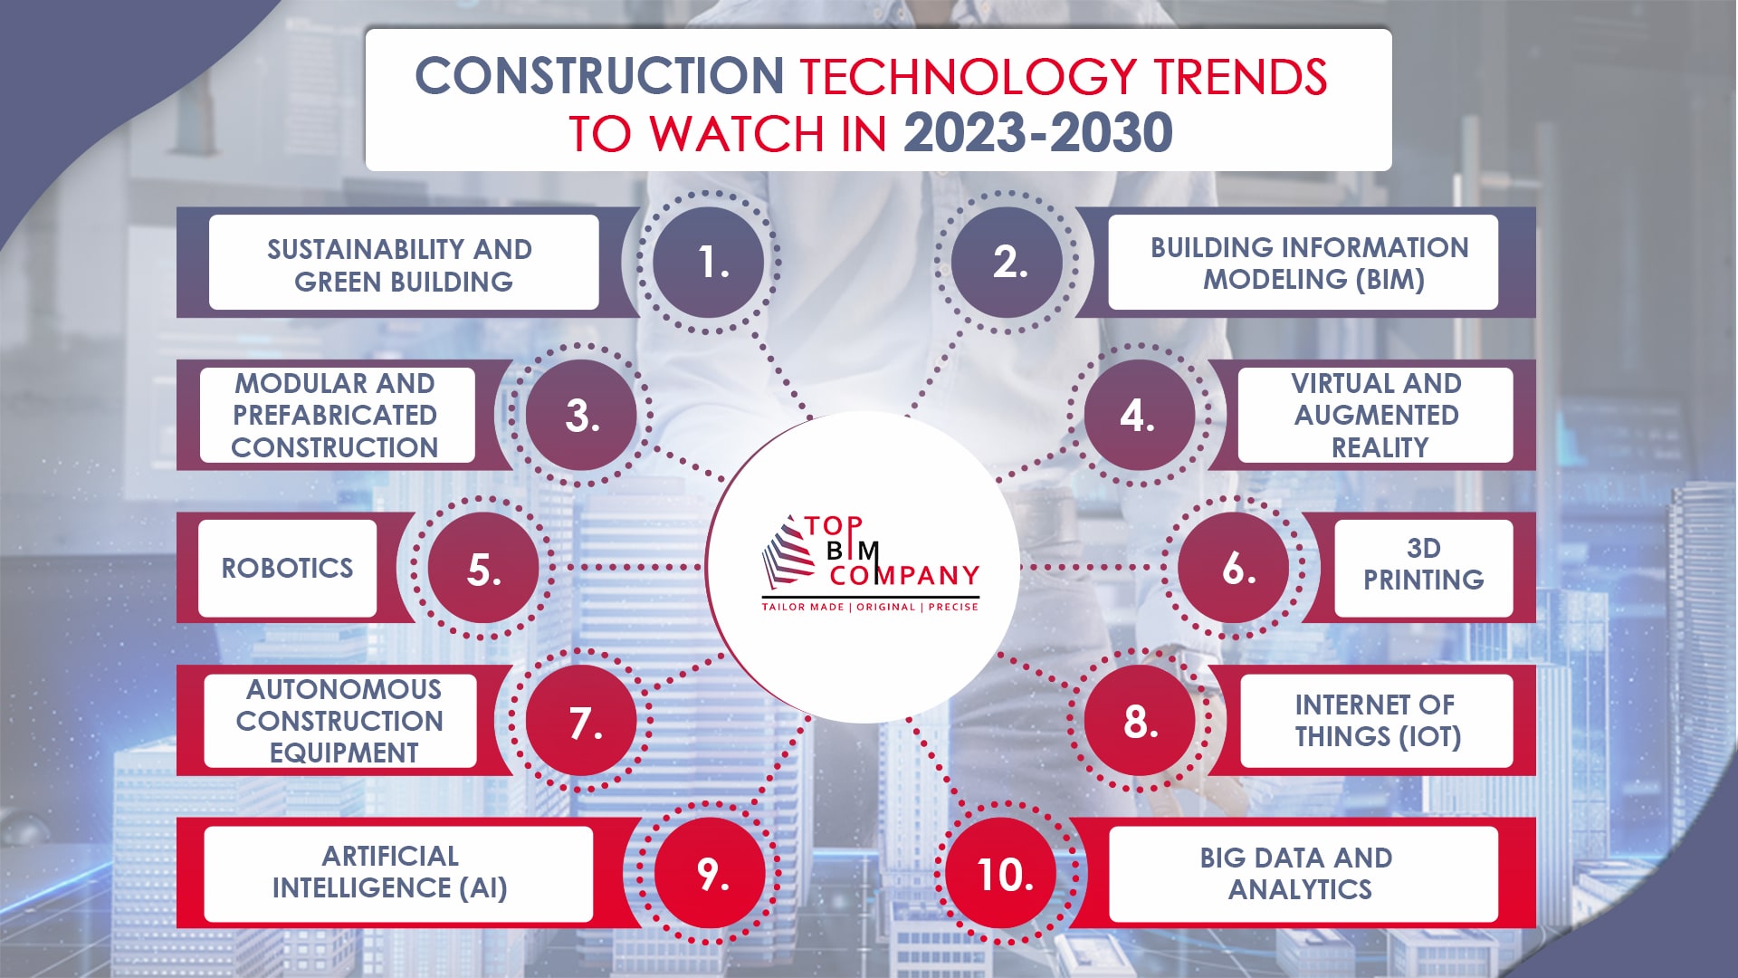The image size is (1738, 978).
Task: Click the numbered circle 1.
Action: pos(709,262)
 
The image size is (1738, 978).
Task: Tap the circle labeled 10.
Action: pos(1006,874)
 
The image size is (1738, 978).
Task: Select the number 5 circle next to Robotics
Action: pos(483,569)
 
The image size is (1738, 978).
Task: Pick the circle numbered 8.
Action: pos(1141,722)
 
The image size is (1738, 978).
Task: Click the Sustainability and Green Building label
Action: pos(403,264)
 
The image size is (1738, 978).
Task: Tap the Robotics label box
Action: pos(288,568)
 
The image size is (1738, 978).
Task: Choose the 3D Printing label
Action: pos(1423,565)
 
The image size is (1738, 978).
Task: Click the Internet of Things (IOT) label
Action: pos(1376,721)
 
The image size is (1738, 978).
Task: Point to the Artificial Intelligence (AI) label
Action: pos(391,872)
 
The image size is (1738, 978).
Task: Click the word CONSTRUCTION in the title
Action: pos(599,76)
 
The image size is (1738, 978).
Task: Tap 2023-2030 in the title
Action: pos(1037,133)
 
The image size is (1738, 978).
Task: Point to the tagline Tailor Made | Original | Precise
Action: pos(870,607)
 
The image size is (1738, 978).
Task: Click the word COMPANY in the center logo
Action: pos(904,576)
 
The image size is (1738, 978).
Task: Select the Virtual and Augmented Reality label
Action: pos(1376,415)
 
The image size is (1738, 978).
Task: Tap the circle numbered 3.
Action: pos(581,416)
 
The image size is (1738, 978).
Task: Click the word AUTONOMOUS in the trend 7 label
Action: pos(343,689)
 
